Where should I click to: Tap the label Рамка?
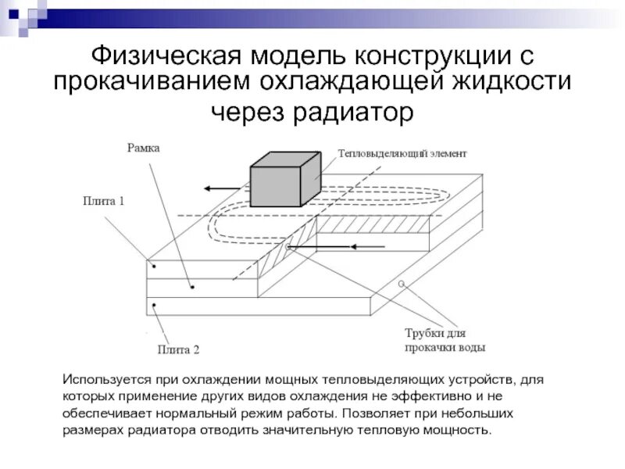pos(143,149)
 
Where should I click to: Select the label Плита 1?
pos(104,201)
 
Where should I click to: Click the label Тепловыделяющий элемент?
pos(402,153)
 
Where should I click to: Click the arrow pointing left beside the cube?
pos(222,188)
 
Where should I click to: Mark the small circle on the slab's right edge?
pos(402,282)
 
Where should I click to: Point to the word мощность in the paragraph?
pos(460,431)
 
